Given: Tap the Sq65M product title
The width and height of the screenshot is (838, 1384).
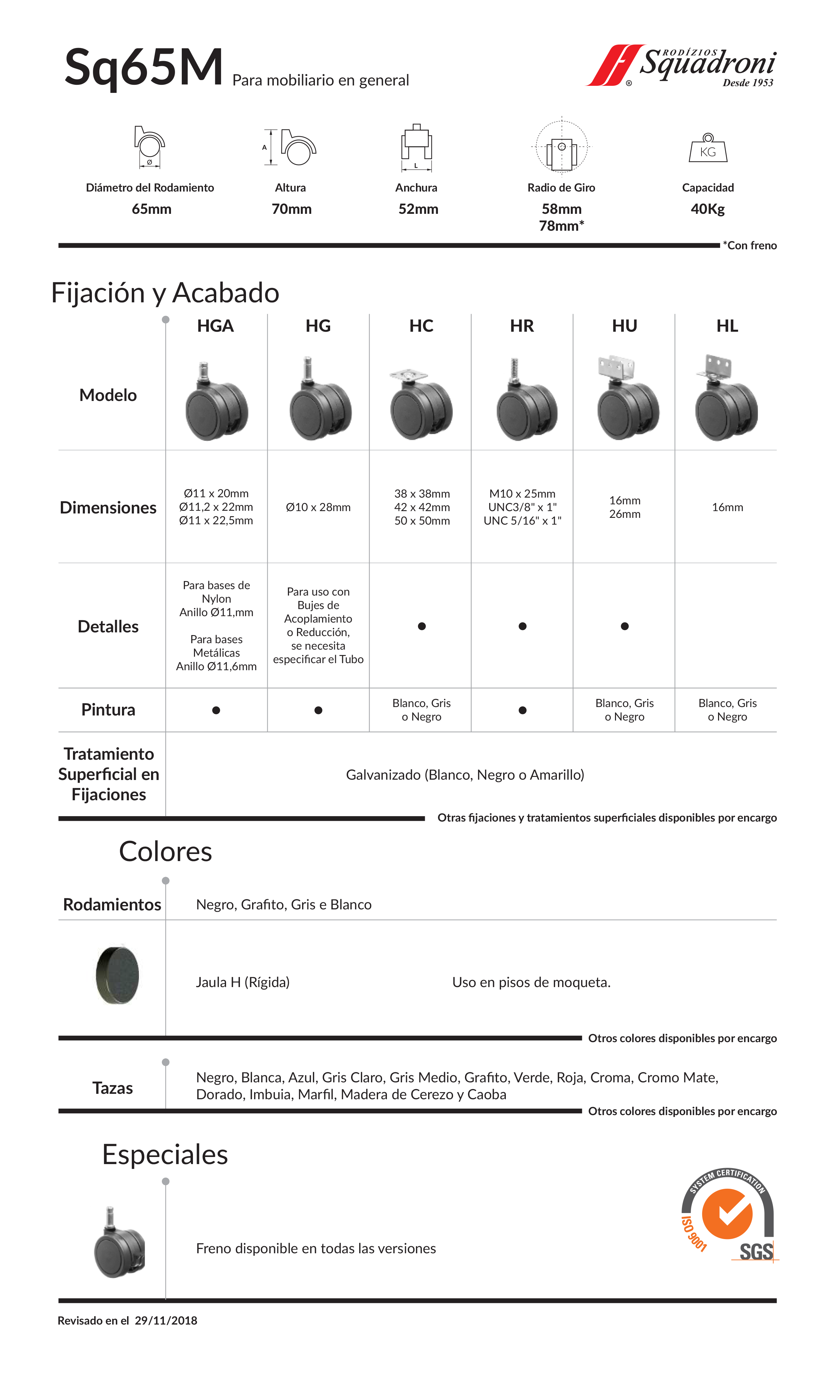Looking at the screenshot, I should tap(144, 68).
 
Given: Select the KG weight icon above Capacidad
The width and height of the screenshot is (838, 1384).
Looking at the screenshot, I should tap(708, 148).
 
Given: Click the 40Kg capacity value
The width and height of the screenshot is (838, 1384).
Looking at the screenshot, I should tap(708, 209).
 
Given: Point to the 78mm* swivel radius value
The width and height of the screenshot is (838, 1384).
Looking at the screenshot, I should tap(561, 226).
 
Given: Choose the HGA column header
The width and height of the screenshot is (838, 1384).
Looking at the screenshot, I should tap(215, 326).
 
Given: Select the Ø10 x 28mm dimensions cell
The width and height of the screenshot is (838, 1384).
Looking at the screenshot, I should tap(318, 507).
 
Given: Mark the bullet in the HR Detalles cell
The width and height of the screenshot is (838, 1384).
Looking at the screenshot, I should tap(522, 626).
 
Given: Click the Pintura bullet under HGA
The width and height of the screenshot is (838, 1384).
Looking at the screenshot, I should tap(216, 710).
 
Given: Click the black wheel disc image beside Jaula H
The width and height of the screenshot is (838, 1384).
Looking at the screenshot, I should tap(117, 975).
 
